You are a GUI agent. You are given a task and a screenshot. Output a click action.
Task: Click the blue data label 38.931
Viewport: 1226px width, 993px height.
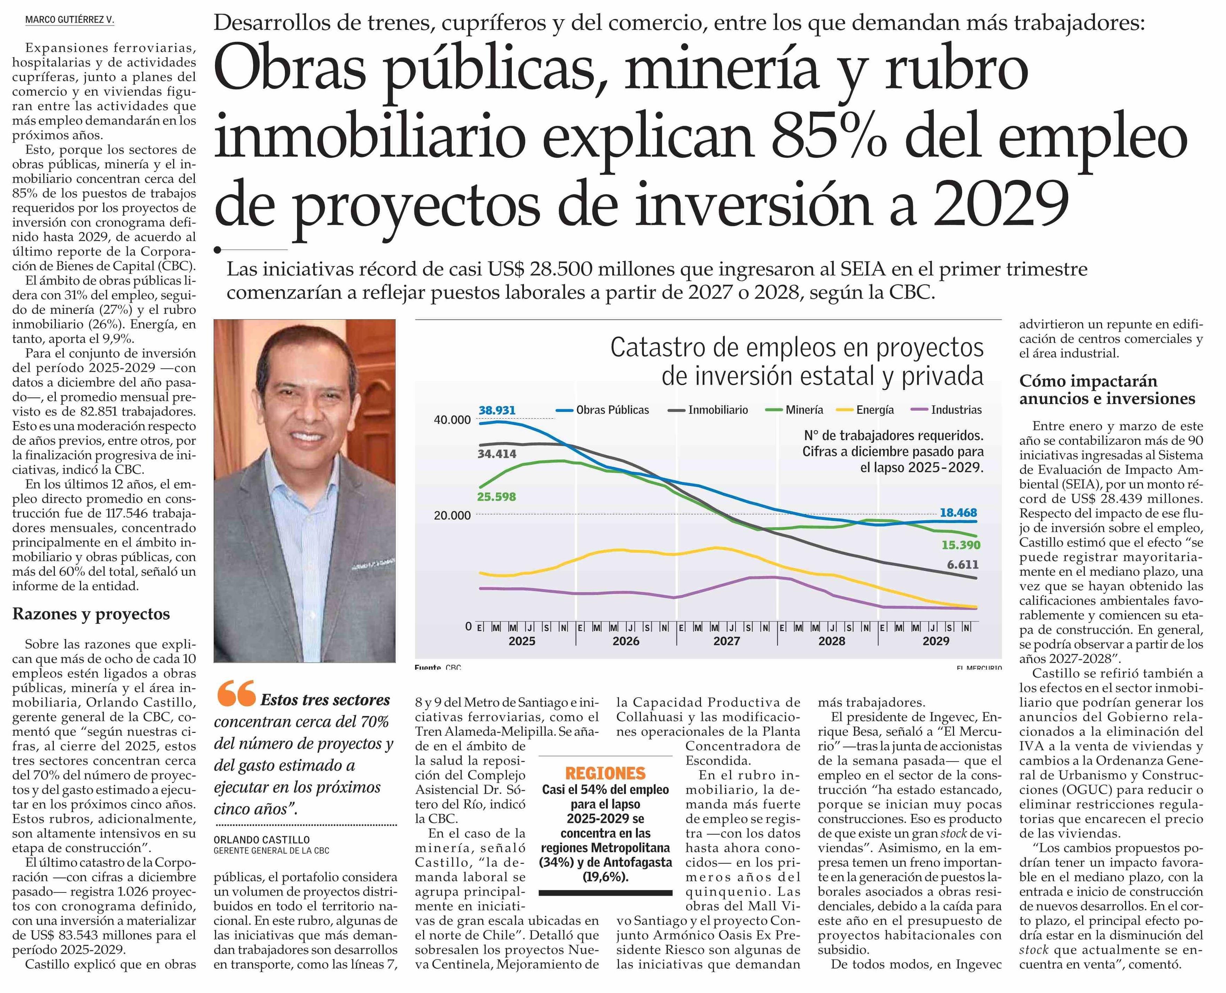(x=497, y=410)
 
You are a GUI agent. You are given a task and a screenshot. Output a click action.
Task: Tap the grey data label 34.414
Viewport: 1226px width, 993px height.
(x=497, y=454)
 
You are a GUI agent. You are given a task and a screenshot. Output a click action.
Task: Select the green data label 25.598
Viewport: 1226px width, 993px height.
(x=496, y=496)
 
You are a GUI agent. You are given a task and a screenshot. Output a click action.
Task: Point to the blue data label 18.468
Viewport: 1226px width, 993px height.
(x=958, y=513)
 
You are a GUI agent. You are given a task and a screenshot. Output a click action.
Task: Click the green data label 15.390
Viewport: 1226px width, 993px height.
(x=961, y=545)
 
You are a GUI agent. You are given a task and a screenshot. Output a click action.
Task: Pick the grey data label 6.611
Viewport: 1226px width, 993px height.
(x=962, y=565)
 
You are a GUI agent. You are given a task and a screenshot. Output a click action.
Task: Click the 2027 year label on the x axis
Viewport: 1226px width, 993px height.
(x=726, y=641)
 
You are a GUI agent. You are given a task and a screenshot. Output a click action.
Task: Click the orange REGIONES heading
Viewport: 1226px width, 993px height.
(x=605, y=773)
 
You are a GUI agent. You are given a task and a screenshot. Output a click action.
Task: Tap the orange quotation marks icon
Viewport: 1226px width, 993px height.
(x=236, y=695)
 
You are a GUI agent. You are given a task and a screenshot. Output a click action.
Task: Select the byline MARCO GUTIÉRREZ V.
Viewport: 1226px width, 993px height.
(x=70, y=20)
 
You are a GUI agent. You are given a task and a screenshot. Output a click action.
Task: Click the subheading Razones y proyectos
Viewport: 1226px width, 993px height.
(x=91, y=614)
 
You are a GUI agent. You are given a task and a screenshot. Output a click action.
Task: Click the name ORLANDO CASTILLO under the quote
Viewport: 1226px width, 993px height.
(x=261, y=840)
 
